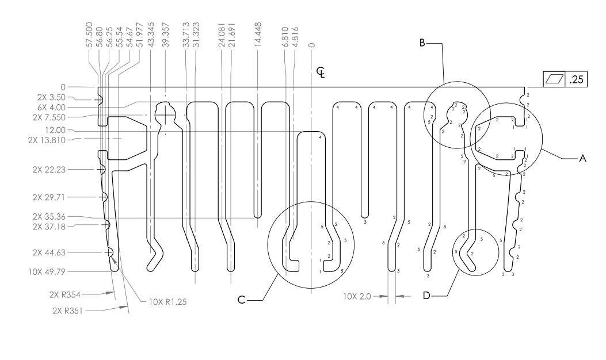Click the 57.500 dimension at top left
point(89,35)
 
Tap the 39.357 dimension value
point(166,35)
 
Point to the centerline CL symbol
point(321,72)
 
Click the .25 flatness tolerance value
point(576,79)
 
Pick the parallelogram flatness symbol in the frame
point(554,79)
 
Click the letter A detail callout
point(582,158)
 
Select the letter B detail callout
point(422,43)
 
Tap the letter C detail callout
point(242,300)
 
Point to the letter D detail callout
point(426,296)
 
